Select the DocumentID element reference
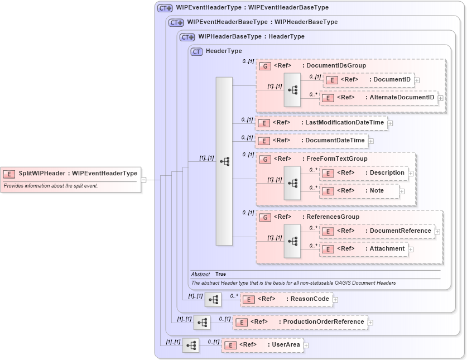(x=368, y=80)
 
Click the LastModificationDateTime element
(x=321, y=123)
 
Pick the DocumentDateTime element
(x=311, y=141)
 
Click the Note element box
(x=360, y=191)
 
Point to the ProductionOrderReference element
(x=300, y=322)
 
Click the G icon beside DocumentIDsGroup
(x=266, y=66)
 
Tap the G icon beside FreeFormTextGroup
(x=266, y=159)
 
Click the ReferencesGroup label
(x=333, y=217)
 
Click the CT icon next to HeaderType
(x=196, y=51)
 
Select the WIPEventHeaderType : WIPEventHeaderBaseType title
(x=252, y=8)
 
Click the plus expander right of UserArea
(x=306, y=345)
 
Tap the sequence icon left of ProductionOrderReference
(x=202, y=322)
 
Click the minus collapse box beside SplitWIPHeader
(x=143, y=180)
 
